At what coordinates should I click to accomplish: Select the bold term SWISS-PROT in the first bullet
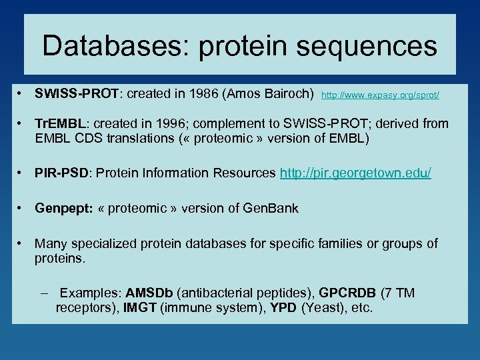(x=77, y=94)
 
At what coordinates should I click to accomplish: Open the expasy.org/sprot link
(x=380, y=95)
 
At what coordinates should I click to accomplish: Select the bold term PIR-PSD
(x=61, y=173)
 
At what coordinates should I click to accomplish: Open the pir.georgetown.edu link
(x=355, y=173)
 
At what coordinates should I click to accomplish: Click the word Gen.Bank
(x=271, y=208)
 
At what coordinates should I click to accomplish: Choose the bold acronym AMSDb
(x=149, y=293)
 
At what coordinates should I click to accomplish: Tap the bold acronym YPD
(x=284, y=309)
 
